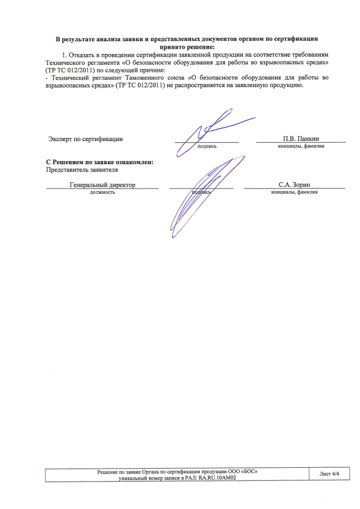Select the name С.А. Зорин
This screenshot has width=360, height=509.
tap(294, 185)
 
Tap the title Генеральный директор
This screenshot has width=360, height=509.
tap(103, 185)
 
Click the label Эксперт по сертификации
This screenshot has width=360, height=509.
tap(86, 139)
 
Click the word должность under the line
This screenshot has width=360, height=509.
tap(103, 192)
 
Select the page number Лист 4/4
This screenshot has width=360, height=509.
tap(329, 474)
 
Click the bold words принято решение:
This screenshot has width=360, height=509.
tap(187, 47)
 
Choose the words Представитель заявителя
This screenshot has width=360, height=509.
tap(82, 170)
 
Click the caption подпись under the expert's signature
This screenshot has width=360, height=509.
tap(207, 146)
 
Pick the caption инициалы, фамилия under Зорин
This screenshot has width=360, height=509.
tap(294, 192)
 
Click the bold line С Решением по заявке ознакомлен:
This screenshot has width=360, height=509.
tap(100, 162)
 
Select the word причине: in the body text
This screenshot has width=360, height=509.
tap(153, 70)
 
